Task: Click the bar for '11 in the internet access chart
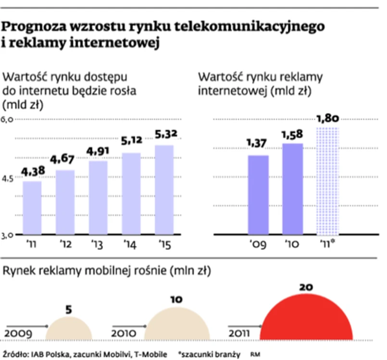coord(32,208)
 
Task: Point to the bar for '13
coord(98,198)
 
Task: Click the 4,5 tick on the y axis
coord(7,177)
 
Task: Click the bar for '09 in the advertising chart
coord(258,195)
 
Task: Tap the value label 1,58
coord(292,134)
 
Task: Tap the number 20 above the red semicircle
coord(306,287)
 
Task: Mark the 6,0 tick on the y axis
coord(7,119)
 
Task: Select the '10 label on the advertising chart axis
coord(292,244)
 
